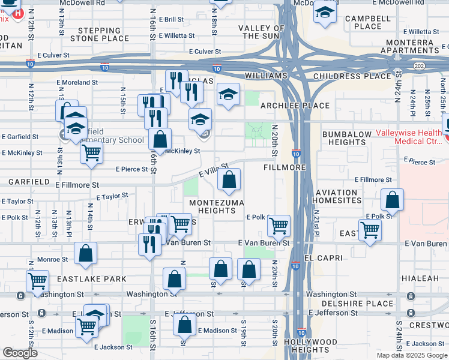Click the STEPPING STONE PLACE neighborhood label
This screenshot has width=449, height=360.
click(x=99, y=34)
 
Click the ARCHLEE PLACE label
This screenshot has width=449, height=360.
click(x=295, y=106)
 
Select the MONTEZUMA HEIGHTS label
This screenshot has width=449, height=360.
click(x=216, y=206)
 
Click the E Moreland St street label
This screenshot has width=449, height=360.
click(x=77, y=82)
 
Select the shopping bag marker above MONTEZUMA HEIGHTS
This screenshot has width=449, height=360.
click(x=229, y=178)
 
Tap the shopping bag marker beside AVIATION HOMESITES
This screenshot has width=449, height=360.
click(x=392, y=200)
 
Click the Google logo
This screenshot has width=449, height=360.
click(x=20, y=353)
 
